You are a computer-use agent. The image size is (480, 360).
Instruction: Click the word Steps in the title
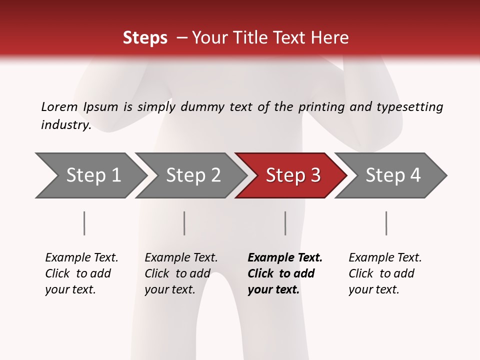pos(145,37)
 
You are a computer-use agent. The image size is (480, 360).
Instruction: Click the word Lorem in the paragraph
pos(59,106)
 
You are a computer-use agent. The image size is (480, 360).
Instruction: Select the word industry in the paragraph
pos(65,125)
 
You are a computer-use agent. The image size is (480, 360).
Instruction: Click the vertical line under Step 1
pos(84,223)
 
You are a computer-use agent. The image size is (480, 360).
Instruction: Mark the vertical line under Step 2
pos(184,223)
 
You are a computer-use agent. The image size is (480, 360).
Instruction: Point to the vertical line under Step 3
pos(285,223)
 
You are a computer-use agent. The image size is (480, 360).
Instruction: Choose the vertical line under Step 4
pos(386,223)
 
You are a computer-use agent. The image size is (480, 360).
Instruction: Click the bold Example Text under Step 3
pos(285,258)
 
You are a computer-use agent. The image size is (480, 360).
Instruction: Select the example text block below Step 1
pos(81,273)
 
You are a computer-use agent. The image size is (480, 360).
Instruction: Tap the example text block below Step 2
pos(181,273)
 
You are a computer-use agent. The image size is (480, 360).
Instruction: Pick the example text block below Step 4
pos(385,273)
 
